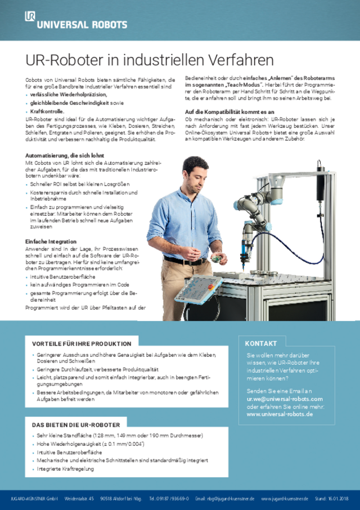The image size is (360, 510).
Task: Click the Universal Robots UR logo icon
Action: click(x=30, y=16)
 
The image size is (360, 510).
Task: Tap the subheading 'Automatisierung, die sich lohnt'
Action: click(x=65, y=155)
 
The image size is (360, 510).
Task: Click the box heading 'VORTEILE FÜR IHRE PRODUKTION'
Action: click(x=81, y=343)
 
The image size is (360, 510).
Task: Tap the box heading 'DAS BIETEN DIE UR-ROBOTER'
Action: click(x=75, y=424)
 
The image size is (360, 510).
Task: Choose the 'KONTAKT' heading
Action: click(x=261, y=343)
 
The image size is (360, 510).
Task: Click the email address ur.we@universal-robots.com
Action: click(x=280, y=399)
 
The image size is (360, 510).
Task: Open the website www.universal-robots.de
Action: click(x=280, y=414)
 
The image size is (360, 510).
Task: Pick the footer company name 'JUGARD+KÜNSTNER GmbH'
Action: click(x=34, y=499)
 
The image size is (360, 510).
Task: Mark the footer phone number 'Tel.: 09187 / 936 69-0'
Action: click(x=169, y=499)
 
